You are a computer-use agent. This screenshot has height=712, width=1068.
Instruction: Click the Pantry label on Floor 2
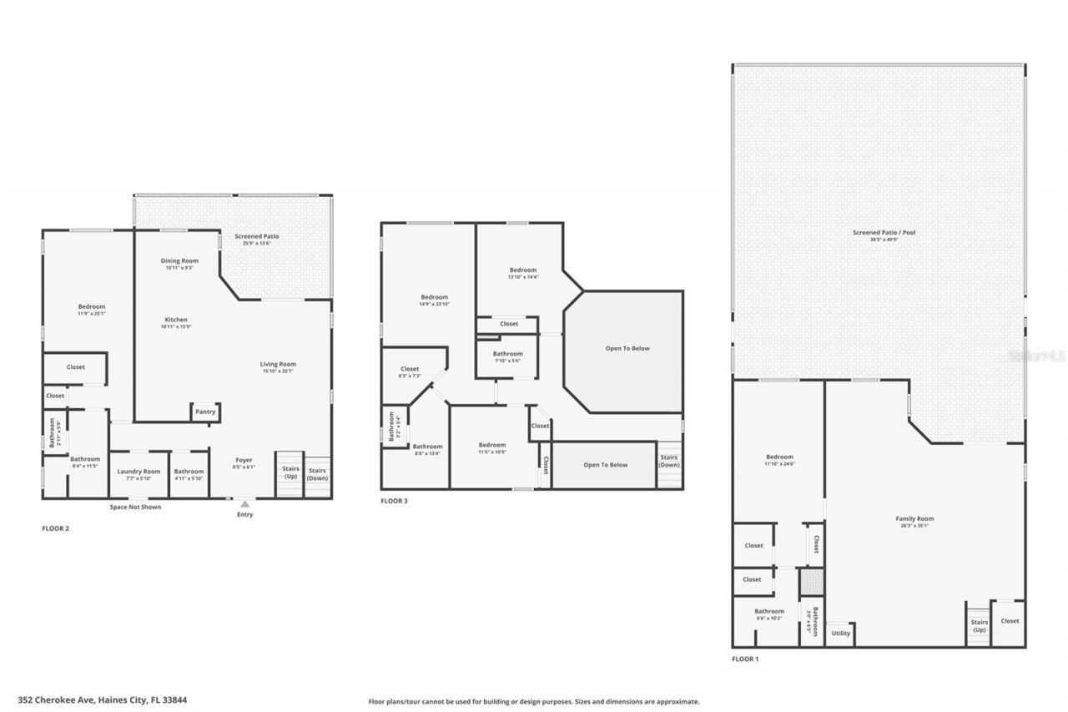(205, 412)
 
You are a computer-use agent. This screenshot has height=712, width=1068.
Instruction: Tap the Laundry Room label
(139, 472)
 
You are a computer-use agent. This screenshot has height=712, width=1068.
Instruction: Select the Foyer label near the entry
(244, 460)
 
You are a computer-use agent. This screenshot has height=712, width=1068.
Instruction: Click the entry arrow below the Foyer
(244, 504)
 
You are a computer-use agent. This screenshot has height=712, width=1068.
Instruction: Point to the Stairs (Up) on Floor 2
(290, 472)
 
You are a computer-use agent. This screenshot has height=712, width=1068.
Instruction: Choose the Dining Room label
(179, 261)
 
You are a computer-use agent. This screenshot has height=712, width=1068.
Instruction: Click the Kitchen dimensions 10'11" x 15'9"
(176, 326)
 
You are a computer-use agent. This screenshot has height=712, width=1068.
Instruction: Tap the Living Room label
(278, 364)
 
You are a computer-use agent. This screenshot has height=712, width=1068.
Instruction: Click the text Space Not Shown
(135, 507)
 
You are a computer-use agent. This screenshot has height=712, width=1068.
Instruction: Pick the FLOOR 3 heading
(394, 501)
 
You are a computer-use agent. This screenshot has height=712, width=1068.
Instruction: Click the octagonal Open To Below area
(627, 349)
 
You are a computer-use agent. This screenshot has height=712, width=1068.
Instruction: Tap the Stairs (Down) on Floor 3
(669, 461)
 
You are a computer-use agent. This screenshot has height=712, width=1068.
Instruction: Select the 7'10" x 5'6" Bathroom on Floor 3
(507, 357)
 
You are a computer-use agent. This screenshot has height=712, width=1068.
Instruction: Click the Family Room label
(914, 518)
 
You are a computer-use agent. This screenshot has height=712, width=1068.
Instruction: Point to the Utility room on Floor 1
(840, 633)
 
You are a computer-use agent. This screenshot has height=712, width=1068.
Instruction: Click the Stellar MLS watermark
(1036, 356)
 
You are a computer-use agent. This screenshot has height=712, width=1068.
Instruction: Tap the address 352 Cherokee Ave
(102, 700)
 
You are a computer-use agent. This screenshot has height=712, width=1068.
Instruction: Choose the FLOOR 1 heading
(745, 659)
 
